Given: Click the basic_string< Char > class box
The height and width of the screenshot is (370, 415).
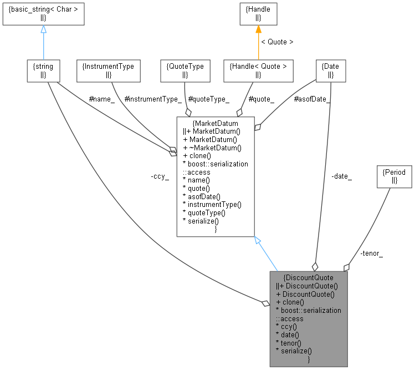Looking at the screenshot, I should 43,13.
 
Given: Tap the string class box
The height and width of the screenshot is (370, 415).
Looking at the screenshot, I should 43,70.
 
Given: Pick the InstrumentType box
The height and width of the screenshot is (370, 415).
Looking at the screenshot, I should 108,70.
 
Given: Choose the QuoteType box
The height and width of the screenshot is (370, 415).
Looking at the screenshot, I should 185,70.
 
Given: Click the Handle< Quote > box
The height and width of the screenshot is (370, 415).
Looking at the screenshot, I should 258,70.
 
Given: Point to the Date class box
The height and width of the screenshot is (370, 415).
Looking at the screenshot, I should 330,70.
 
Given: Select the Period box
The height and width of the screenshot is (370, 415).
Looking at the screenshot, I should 394,176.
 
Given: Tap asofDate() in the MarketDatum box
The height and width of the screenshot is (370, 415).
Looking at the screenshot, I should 201,196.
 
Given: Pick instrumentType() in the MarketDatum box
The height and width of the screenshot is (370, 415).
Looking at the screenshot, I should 211,204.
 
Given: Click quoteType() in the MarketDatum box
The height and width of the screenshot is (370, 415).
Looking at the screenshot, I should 204,212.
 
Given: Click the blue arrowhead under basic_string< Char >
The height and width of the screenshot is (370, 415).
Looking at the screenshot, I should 43,29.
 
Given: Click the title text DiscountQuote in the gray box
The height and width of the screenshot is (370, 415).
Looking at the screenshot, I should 308,277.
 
